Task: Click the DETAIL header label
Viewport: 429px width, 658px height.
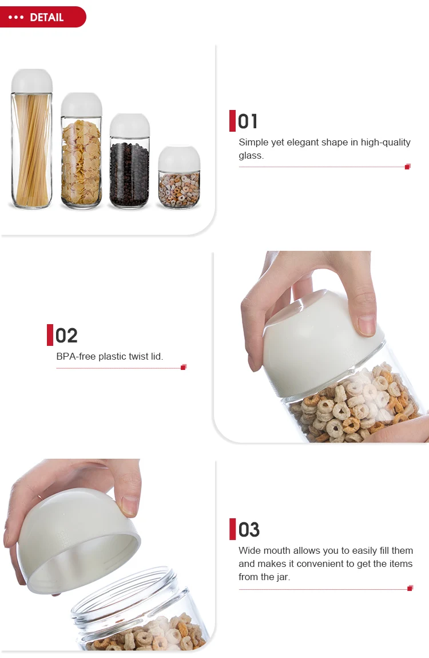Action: pyautogui.click(x=46, y=17)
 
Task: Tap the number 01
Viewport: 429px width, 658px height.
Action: pyautogui.click(x=248, y=121)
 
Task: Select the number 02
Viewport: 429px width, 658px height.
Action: pyautogui.click(x=66, y=336)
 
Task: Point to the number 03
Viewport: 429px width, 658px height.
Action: pyautogui.click(x=248, y=530)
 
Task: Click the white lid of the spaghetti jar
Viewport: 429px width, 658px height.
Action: pyautogui.click(x=32, y=81)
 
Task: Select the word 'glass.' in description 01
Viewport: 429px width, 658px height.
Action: pyautogui.click(x=251, y=155)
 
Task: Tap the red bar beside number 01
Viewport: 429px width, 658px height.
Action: pyautogui.click(x=232, y=121)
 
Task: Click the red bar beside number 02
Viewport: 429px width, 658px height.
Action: pyautogui.click(x=50, y=335)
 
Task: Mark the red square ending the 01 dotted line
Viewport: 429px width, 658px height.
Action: pyautogui.click(x=407, y=167)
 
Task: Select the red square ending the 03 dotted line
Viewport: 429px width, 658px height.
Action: pyautogui.click(x=410, y=588)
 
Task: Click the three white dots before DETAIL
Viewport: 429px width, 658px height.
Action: pyautogui.click(x=17, y=17)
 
